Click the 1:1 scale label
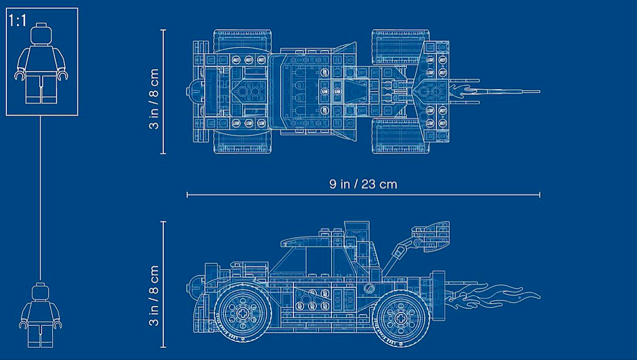click(x=18, y=22)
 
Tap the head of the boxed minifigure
click(x=41, y=35)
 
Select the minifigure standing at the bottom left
click(x=40, y=317)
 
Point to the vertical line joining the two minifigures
click(x=41, y=198)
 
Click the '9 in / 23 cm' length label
click(x=363, y=184)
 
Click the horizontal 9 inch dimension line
click(x=363, y=194)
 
